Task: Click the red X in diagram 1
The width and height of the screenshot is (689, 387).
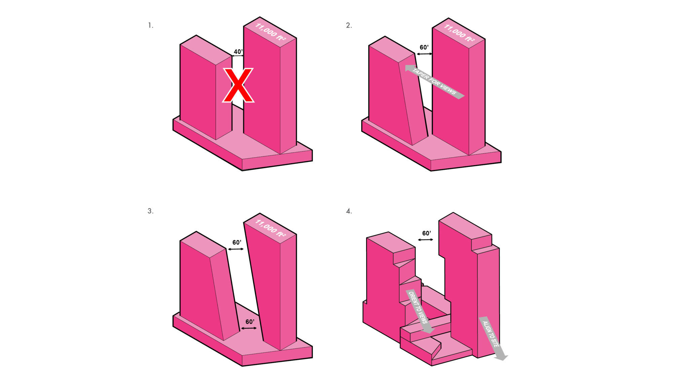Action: click(x=238, y=85)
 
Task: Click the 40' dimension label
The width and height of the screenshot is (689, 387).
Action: click(x=238, y=52)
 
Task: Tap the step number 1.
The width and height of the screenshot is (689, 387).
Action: click(x=150, y=26)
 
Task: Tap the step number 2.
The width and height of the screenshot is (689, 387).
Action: click(x=349, y=26)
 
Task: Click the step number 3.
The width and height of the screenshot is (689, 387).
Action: click(x=150, y=211)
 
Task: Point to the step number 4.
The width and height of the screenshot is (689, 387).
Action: click(x=349, y=211)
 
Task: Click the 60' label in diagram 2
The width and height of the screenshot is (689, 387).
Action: click(x=424, y=47)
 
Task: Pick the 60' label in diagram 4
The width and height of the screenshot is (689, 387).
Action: click(x=426, y=233)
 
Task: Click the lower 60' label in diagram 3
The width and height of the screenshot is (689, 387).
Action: click(x=250, y=322)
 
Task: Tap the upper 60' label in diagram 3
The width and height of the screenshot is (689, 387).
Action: click(x=237, y=243)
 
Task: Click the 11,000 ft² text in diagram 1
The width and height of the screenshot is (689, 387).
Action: click(x=270, y=32)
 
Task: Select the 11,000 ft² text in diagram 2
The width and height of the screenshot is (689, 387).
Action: click(x=459, y=33)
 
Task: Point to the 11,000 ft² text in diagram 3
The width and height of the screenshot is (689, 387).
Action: click(x=270, y=228)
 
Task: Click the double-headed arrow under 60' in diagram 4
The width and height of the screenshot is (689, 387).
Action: click(x=425, y=240)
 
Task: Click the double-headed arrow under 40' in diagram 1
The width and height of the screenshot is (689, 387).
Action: click(x=238, y=56)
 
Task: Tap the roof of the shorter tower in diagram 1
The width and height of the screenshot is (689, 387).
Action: click(x=206, y=50)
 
